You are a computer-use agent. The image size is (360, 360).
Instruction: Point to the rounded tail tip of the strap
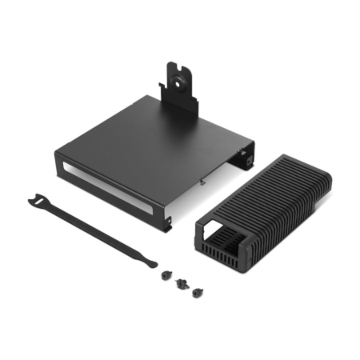click(x=153, y=262)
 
